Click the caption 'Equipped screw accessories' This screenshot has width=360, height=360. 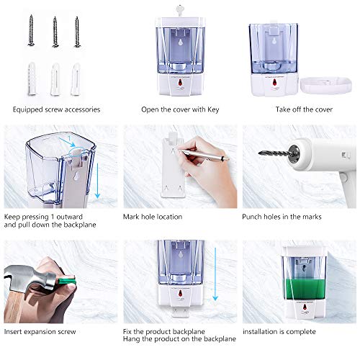point(55,109)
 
